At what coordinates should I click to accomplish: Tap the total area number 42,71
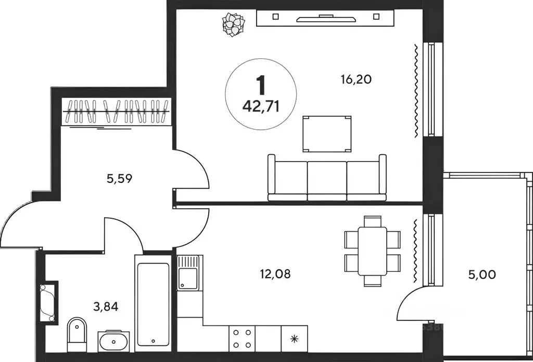261,107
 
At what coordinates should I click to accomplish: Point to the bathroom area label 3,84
106,307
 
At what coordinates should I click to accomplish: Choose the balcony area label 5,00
482,274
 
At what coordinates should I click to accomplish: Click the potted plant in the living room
234,24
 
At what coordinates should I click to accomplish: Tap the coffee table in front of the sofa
327,134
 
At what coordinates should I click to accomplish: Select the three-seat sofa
327,178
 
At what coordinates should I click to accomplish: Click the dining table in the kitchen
372,251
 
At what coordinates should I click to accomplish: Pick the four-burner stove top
242,339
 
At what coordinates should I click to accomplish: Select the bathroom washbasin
113,341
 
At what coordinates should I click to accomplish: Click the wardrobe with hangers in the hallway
116,111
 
